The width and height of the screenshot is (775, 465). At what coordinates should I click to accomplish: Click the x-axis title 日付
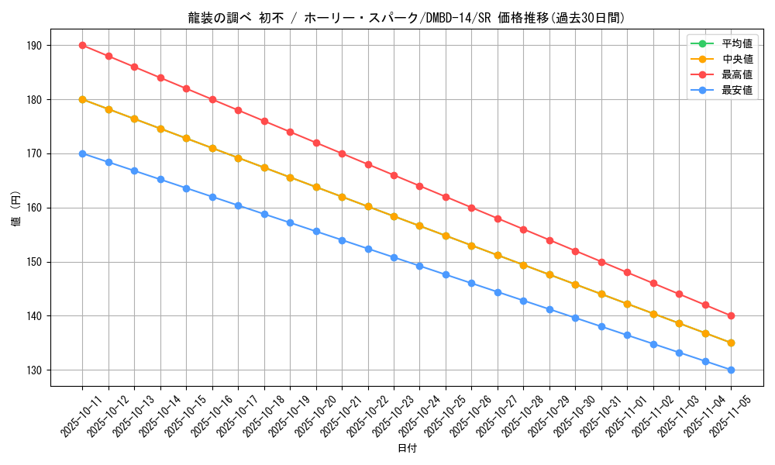pyautogui.click(x=407, y=449)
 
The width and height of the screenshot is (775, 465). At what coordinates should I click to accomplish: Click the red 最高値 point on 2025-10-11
pyautogui.click(x=82, y=46)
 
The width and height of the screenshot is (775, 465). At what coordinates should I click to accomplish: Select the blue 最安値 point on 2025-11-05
pyautogui.click(x=731, y=370)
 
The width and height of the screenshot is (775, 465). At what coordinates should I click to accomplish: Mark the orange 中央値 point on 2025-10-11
pyautogui.click(x=82, y=99)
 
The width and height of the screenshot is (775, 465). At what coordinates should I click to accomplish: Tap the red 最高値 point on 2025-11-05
pyautogui.click(x=731, y=315)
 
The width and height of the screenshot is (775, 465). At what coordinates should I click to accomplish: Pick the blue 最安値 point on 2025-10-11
pyautogui.click(x=82, y=153)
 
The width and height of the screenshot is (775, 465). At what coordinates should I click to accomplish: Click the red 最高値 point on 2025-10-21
pyautogui.click(x=342, y=153)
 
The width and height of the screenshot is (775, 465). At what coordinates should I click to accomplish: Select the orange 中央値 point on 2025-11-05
pyautogui.click(x=731, y=343)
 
